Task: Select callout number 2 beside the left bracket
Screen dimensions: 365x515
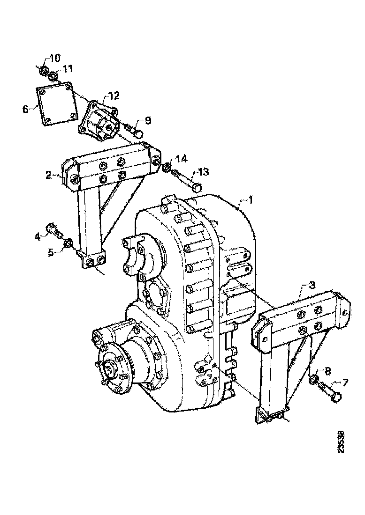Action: tap(48, 175)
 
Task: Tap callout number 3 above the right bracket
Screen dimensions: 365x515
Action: tap(312, 285)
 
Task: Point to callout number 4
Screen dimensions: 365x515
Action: tap(38, 236)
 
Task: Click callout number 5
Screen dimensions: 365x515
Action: tap(51, 252)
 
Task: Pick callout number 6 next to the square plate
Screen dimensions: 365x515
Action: tap(25, 109)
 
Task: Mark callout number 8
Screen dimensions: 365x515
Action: tap(328, 371)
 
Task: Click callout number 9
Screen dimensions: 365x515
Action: tap(148, 120)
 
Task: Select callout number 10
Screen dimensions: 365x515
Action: tap(54, 59)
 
